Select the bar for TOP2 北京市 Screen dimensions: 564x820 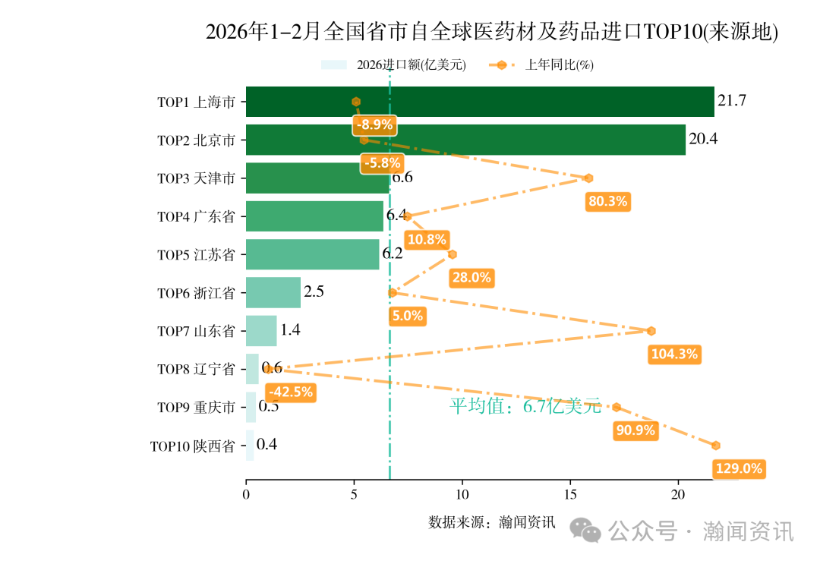point(465,140)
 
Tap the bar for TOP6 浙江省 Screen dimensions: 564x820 point(273,292)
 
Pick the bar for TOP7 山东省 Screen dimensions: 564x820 point(261,331)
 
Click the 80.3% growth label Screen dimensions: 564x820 point(607,201)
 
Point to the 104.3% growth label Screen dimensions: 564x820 point(673,354)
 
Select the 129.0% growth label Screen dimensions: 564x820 point(739,469)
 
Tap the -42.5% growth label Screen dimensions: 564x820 point(291,392)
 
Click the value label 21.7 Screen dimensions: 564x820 point(732,101)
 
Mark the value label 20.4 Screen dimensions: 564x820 point(703,139)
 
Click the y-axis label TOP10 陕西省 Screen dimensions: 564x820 point(192,446)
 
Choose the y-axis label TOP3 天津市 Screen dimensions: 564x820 point(196,178)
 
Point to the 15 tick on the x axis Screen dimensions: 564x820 point(570,494)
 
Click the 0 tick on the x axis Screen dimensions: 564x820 point(246,494)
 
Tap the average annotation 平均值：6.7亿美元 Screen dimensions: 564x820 point(525,406)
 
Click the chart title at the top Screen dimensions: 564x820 point(492,32)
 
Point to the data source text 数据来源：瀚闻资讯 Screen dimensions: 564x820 point(492,522)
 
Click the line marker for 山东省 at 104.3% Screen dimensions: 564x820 point(651,331)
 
